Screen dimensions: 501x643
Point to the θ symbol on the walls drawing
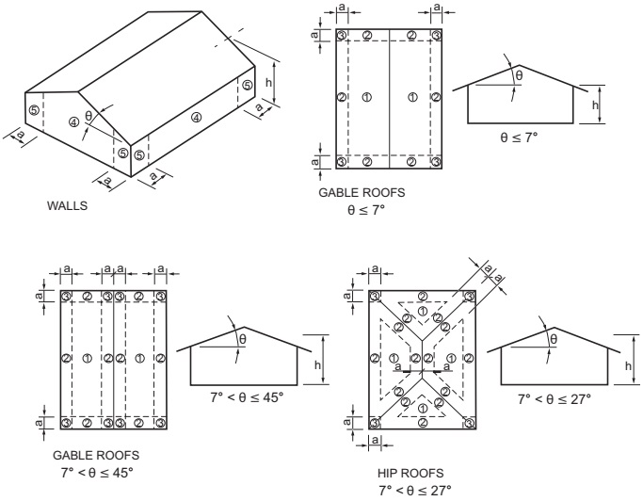[x=89, y=117]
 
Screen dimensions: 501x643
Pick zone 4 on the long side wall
[x=196, y=118]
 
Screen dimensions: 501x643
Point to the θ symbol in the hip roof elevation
[x=554, y=339]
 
